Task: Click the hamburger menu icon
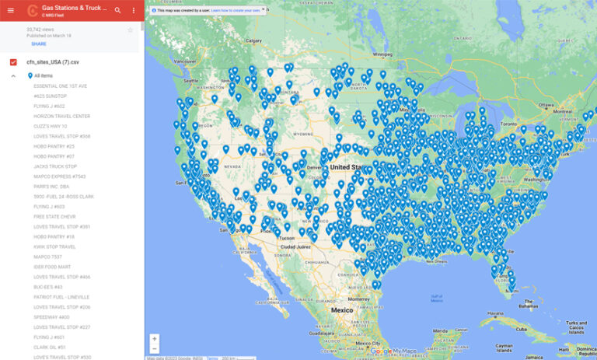coord(10,10)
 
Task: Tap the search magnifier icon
coord(117,10)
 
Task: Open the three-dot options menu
coord(133,10)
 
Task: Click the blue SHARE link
coord(39,44)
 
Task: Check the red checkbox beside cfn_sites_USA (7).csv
coord(13,61)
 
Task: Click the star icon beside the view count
coord(131,30)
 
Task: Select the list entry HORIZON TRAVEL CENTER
coord(62,116)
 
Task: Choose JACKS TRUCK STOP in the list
coord(55,166)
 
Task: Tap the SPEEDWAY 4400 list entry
coord(52,316)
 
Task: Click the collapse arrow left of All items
coord(13,75)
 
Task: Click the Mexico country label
coord(343,309)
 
